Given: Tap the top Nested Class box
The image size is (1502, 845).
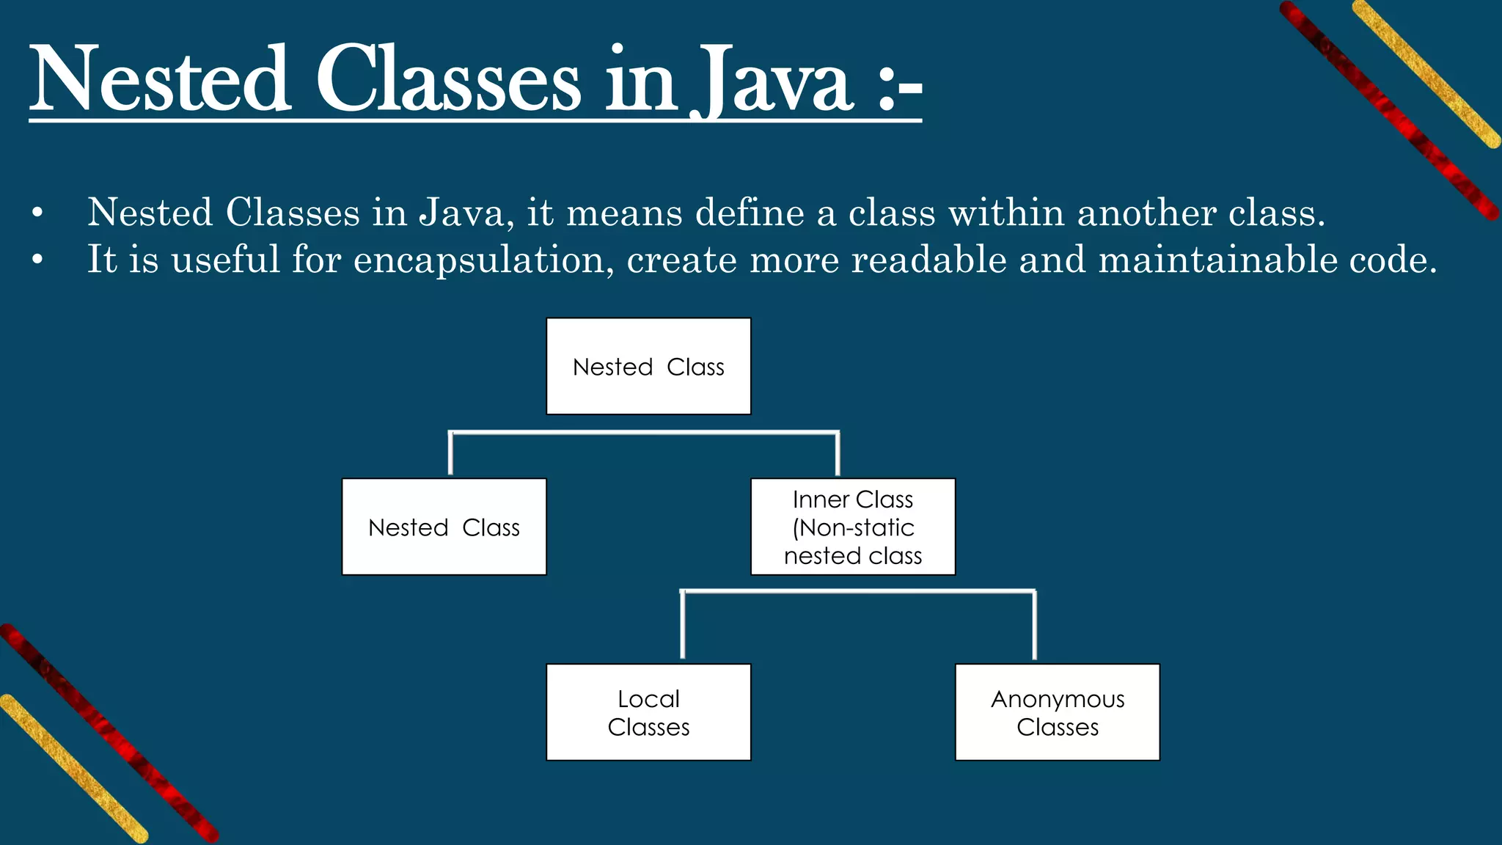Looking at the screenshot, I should pos(648,366).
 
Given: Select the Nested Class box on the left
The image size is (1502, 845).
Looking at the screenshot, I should pos(444,527).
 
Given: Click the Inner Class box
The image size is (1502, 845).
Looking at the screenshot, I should pos(853,527).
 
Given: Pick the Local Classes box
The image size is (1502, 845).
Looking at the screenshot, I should pos(648,712).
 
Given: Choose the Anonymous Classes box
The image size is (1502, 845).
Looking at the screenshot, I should pos(1057,712).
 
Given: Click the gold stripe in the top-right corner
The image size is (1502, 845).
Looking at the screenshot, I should pos(1426,73).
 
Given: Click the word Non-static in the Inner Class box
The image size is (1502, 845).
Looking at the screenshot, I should pos(857,527).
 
